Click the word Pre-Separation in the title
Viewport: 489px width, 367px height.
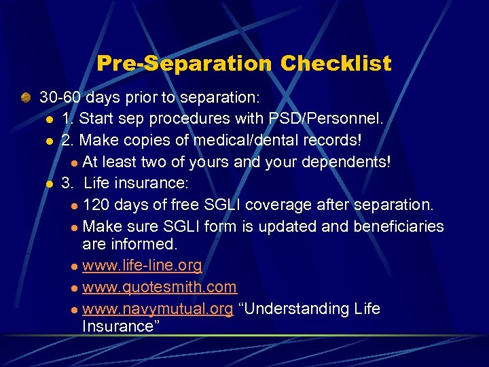tap(183, 64)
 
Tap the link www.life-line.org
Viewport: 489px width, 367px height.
tap(142, 265)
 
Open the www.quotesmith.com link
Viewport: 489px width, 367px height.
tap(159, 287)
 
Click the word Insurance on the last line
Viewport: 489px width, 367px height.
tap(115, 326)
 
